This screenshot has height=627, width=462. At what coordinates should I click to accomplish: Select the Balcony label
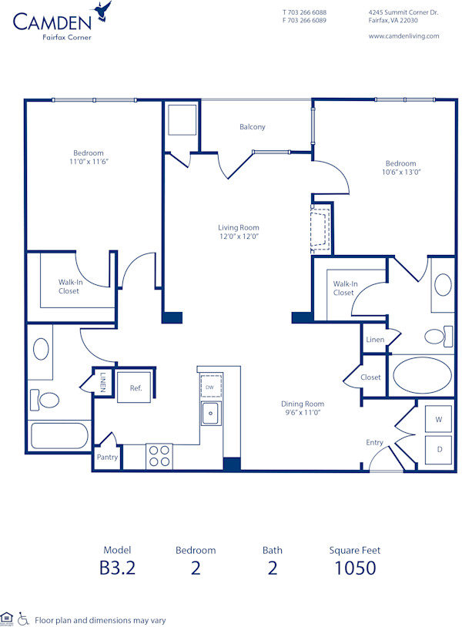[252, 126]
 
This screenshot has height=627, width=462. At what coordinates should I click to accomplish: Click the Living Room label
[238, 228]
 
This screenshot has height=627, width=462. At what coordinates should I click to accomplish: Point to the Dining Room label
[302, 404]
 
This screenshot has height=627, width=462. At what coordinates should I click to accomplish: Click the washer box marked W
[438, 420]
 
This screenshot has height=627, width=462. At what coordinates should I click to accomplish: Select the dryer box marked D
[438, 449]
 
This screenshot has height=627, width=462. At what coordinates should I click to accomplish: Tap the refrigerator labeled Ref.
[136, 388]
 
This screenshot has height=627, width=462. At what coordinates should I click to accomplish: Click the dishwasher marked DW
[209, 387]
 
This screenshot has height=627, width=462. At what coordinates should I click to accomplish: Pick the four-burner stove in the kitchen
[159, 456]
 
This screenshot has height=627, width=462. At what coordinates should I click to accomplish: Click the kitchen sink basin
[210, 414]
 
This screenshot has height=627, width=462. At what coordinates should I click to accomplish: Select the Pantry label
[107, 457]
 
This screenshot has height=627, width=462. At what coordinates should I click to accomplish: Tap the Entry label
[374, 442]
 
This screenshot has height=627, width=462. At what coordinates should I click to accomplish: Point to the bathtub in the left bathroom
[60, 437]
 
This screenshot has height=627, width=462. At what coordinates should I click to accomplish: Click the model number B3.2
[116, 568]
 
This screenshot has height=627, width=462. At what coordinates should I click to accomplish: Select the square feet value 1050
[354, 568]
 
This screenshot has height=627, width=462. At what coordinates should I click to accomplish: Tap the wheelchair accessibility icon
[23, 619]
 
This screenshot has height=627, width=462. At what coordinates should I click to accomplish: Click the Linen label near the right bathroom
[375, 340]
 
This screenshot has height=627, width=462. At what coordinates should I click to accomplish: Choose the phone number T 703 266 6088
[304, 12]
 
